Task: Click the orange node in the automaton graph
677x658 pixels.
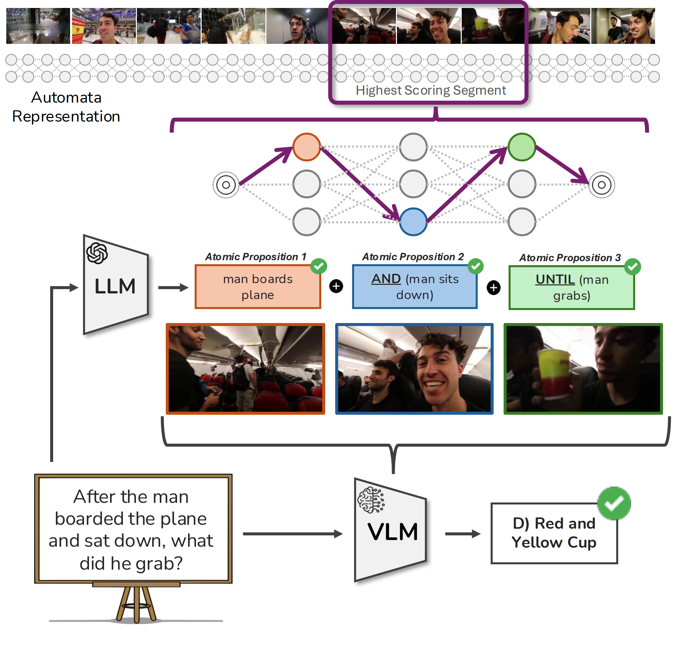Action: point(306,147)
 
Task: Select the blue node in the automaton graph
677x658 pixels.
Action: point(413,222)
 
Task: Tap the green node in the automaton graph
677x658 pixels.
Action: point(522,147)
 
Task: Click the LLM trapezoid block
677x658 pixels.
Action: point(116,285)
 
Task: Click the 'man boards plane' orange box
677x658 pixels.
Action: point(258,287)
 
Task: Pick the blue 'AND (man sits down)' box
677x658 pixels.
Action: point(415,287)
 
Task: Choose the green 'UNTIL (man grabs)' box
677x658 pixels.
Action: point(572,287)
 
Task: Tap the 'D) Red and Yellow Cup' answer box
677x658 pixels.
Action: point(554,533)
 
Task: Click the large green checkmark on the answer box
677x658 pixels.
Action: point(614,503)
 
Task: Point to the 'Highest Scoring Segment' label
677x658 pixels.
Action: point(431,90)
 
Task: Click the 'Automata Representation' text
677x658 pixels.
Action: point(66,107)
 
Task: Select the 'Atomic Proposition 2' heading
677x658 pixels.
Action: point(413,257)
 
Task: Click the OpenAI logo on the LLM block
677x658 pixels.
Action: point(97,253)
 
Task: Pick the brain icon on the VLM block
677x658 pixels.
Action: point(371,500)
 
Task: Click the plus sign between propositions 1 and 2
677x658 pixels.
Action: point(336,286)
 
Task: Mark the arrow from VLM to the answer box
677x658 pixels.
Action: point(463,534)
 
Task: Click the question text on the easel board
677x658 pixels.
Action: point(131,530)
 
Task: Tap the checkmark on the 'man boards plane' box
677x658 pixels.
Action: point(319,266)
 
